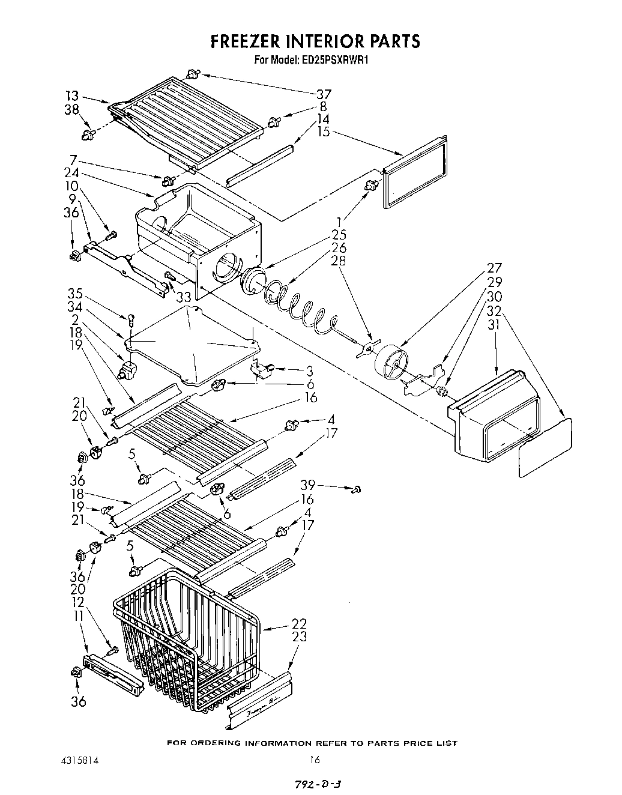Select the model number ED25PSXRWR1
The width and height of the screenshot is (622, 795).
[336, 59]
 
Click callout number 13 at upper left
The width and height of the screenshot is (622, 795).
[72, 95]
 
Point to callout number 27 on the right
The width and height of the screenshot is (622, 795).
[494, 268]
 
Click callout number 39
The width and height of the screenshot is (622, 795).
[307, 485]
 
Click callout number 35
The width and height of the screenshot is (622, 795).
[74, 294]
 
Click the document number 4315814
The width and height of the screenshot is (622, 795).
[76, 759]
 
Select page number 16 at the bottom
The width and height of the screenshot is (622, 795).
[315, 759]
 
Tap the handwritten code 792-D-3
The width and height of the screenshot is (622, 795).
[319, 782]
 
